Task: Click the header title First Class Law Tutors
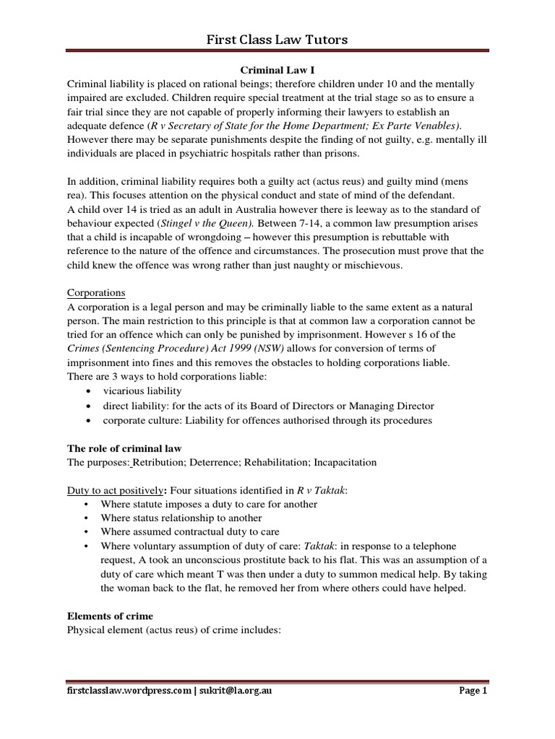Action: (277, 40)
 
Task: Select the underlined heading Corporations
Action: (96, 293)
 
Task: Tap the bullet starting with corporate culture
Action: (267, 420)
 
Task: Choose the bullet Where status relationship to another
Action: (181, 518)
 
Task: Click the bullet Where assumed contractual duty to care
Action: (189, 532)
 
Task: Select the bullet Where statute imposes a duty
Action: (209, 504)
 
